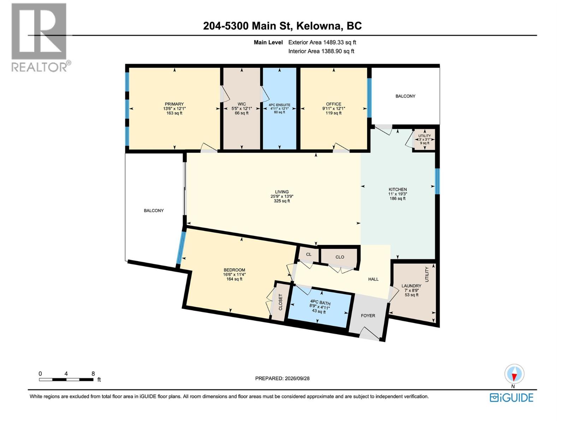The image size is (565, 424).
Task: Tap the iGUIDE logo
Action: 511,398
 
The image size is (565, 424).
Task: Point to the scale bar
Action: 66,379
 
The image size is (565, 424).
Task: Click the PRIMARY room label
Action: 174,104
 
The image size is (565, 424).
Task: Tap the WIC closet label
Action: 242,104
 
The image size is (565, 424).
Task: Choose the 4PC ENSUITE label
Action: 279,105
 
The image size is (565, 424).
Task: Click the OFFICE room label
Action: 334,104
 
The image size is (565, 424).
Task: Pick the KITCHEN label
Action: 397,189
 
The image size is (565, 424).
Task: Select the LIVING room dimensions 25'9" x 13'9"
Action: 281,196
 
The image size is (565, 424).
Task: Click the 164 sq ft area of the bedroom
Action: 234,279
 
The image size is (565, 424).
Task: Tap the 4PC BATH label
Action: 320,302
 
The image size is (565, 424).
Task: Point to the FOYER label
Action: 368,316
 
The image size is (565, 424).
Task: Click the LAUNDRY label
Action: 411,286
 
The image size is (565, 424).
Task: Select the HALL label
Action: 373,279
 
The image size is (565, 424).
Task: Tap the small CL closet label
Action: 309,254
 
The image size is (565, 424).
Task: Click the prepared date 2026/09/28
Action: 297,378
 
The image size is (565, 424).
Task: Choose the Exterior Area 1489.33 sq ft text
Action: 322,42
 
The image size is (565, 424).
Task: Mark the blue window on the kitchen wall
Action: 437,181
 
